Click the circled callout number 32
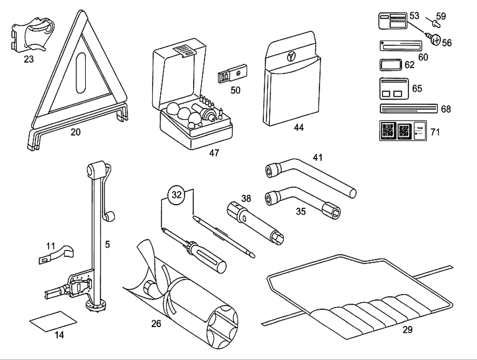177,195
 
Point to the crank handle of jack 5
109,217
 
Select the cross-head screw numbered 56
435,41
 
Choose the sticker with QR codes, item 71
402,131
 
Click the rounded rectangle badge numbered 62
390,65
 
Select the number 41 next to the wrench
318,157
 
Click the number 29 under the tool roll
407,329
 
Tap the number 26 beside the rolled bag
156,324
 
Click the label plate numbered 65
394,88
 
